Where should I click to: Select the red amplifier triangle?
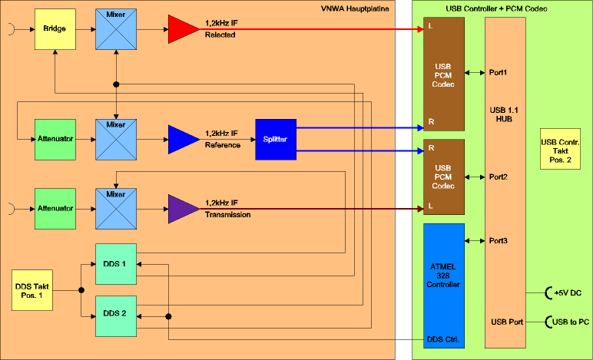183,30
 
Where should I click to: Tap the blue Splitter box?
275,139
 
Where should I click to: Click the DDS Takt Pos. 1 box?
31,290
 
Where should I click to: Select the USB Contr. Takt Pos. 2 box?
560,149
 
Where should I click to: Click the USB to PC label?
569,322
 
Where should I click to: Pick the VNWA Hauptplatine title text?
354,8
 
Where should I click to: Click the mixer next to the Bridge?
115,30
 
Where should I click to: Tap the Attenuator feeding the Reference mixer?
55,139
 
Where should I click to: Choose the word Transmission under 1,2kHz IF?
228,215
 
